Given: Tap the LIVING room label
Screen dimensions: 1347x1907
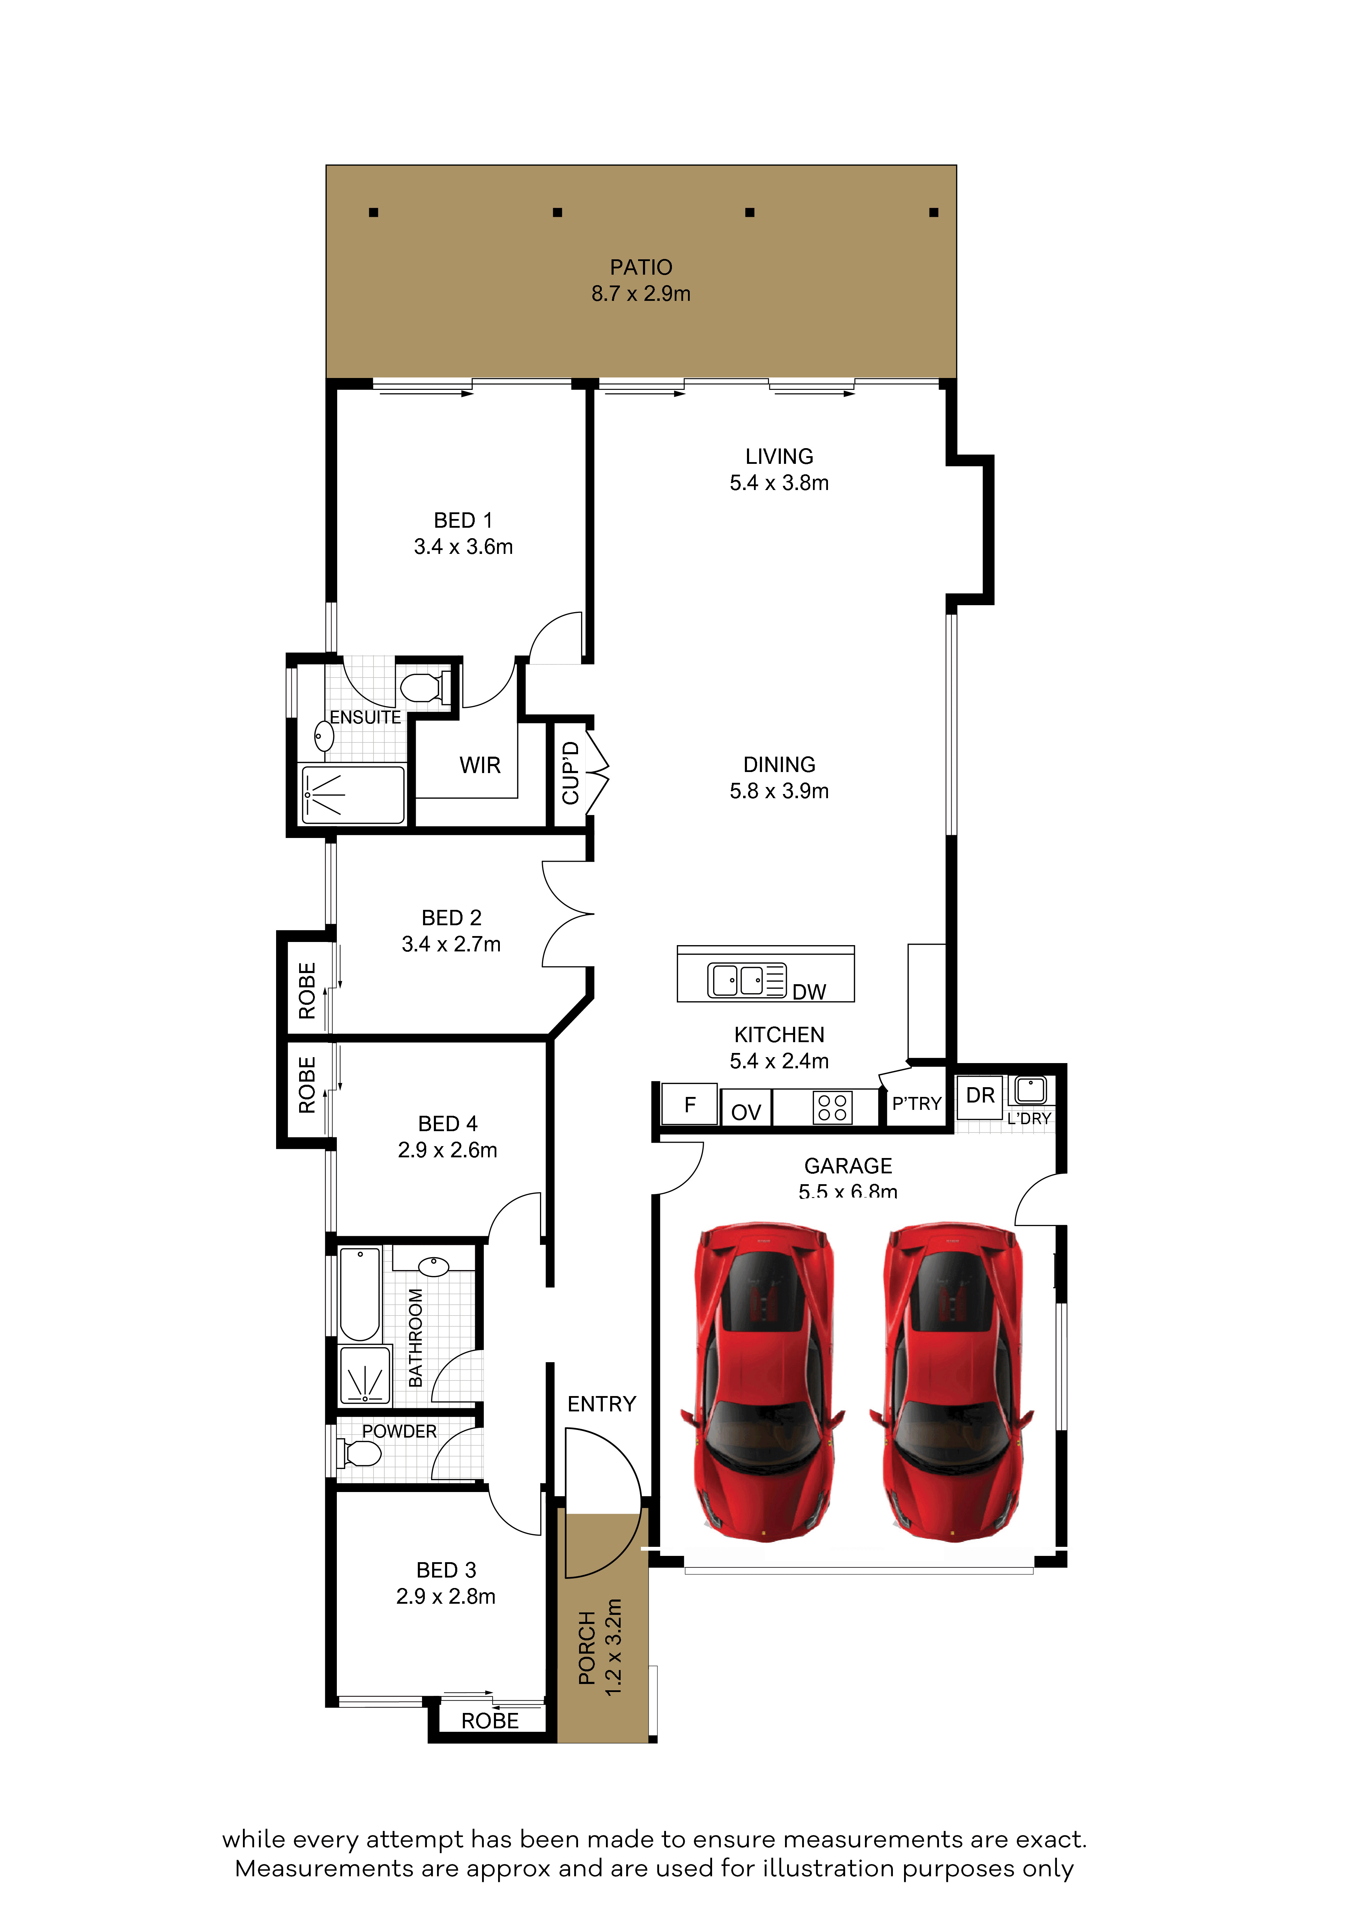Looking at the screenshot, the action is (x=779, y=457).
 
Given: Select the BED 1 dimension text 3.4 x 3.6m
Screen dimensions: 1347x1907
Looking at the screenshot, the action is (x=464, y=547).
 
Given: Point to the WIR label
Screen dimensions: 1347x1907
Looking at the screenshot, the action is (x=480, y=765).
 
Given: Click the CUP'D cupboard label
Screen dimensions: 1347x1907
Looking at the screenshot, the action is (x=570, y=773).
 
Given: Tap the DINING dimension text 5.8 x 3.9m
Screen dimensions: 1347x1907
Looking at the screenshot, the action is (x=779, y=791).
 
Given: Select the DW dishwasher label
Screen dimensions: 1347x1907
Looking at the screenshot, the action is (x=809, y=992).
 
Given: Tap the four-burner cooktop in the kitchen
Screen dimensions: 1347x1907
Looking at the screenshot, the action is (x=832, y=1107).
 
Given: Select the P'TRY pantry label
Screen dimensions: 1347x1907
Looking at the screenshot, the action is (x=917, y=1104).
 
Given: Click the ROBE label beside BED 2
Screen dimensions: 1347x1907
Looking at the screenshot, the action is (x=307, y=991).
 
